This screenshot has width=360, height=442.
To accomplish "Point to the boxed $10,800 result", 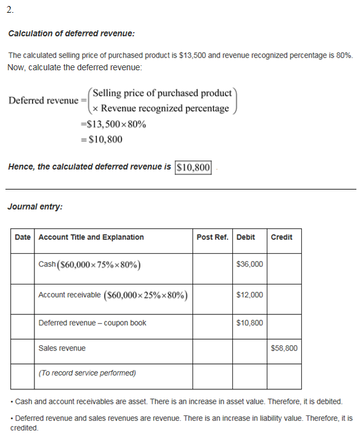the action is [194, 167].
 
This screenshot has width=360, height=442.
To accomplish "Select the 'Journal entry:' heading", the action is [35, 206].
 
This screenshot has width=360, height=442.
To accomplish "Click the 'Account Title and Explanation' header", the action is [91, 237].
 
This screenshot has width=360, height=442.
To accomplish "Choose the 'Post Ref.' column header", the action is [212, 237].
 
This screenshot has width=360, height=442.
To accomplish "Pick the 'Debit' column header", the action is [246, 237].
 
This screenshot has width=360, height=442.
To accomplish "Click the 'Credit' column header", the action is [281, 237].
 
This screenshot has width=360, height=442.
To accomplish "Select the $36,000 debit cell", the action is [250, 265].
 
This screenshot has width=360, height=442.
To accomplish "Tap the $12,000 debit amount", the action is [250, 295].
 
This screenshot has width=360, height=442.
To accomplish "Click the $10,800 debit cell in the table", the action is [250, 323].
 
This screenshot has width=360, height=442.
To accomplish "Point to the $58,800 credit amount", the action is [284, 348].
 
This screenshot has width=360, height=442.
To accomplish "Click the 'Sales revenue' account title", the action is [62, 348].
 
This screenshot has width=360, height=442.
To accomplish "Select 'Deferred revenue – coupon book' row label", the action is [93, 323].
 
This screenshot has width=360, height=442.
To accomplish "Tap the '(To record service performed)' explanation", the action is [87, 373].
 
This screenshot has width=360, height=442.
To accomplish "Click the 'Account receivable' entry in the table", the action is [70, 295].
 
